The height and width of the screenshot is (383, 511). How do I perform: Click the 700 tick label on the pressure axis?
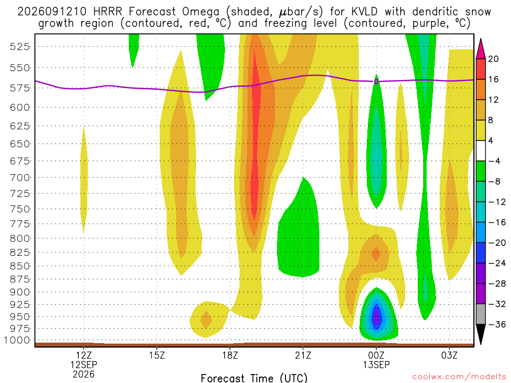click(20, 178)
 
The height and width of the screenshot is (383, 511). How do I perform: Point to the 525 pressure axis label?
click(20, 46)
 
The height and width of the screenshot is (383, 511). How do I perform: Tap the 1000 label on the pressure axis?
click(17, 340)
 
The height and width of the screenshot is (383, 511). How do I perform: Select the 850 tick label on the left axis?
click(20, 266)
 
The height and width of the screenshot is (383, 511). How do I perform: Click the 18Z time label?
click(230, 355)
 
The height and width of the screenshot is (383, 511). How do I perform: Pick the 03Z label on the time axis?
click(450, 355)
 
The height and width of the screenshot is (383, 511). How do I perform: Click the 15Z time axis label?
click(157, 355)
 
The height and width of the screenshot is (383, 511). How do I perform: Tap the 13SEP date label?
click(376, 365)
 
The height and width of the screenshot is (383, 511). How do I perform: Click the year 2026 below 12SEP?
click(84, 375)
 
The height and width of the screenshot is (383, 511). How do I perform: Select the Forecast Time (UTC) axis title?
click(254, 378)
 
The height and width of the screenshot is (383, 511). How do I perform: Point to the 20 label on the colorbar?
click(494, 59)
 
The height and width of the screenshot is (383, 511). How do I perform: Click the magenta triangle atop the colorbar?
click(481, 49)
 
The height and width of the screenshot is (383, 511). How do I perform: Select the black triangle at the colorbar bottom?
click(481, 334)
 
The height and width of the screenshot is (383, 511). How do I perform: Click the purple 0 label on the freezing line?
click(376, 81)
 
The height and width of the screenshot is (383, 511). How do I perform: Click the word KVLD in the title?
click(364, 12)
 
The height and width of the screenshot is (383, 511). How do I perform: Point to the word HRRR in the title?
click(108, 12)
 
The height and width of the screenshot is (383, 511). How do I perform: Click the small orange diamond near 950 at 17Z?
click(206, 320)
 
